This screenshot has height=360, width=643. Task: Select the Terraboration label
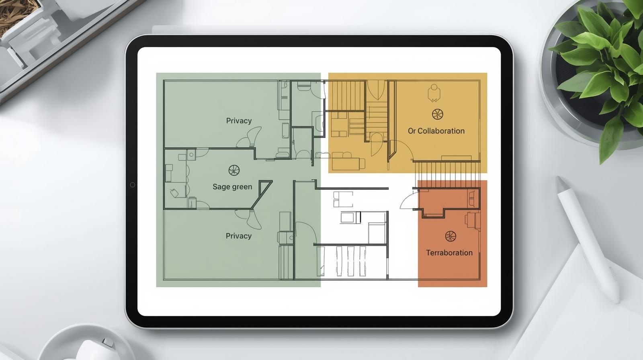(x=449, y=253)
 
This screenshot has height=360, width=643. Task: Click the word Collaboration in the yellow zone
(x=441, y=131)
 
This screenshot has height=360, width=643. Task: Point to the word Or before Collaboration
(x=412, y=131)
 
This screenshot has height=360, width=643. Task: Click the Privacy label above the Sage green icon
(x=239, y=121)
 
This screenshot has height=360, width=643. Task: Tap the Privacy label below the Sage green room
(x=239, y=236)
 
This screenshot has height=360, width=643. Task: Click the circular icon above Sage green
(x=234, y=170)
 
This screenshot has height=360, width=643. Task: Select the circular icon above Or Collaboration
(x=438, y=114)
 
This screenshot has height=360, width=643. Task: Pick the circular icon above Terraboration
(x=451, y=236)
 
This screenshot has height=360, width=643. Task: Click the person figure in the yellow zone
(x=434, y=93)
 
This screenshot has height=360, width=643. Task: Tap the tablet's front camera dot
(x=132, y=184)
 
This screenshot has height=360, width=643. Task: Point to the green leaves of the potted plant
(x=603, y=66)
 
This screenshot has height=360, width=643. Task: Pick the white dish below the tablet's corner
(x=86, y=343)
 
